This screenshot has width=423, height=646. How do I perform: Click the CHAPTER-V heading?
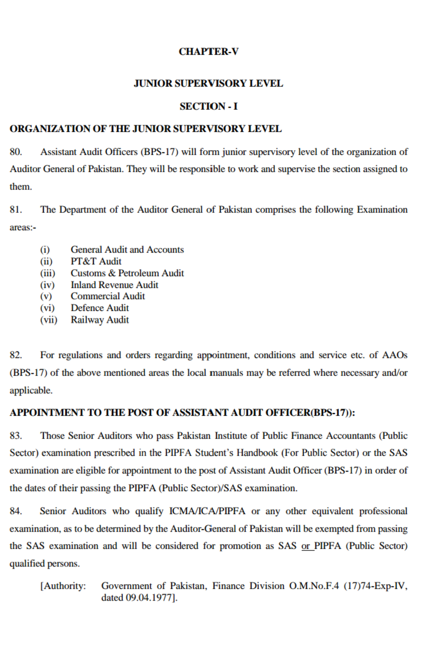tap(208, 51)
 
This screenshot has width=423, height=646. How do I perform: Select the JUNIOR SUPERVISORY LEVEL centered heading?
tap(208, 83)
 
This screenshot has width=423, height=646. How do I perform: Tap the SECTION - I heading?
tap(208, 106)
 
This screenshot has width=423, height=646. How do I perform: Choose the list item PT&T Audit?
tap(96, 261)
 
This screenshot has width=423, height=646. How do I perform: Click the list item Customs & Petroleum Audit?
tap(127, 273)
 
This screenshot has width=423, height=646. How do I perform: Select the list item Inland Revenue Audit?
tap(114, 285)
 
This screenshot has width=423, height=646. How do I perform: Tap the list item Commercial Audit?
tap(108, 296)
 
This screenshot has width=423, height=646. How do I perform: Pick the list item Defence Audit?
tap(99, 308)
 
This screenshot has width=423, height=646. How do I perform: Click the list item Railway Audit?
tap(99, 320)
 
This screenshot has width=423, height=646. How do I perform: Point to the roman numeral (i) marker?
tap(45, 250)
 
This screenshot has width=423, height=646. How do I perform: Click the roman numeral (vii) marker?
tap(49, 320)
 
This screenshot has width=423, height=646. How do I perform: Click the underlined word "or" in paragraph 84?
tap(306, 546)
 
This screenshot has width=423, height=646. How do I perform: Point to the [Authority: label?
tap(63, 587)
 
